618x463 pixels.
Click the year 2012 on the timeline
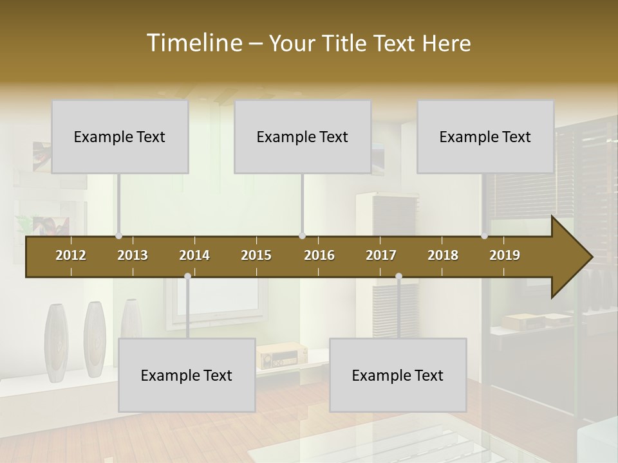point(71,255)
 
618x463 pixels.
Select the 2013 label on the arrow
point(133,255)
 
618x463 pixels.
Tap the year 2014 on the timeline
point(194,255)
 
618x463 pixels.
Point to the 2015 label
point(256,255)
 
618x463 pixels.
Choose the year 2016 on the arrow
point(319,255)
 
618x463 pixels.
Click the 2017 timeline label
point(381,255)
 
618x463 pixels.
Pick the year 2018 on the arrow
point(443,255)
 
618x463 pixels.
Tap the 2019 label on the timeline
point(505,255)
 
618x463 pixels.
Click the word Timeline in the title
point(193,43)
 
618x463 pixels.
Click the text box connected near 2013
point(120,136)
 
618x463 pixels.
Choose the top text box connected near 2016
point(303,136)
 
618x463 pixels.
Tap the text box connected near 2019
point(485,136)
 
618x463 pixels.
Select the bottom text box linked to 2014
point(187,375)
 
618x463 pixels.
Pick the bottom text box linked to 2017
point(398,375)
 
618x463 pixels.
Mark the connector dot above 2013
point(118,236)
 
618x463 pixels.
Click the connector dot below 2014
point(187,276)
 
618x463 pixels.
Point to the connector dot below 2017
point(398,276)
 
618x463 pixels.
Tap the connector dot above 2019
point(484,236)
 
